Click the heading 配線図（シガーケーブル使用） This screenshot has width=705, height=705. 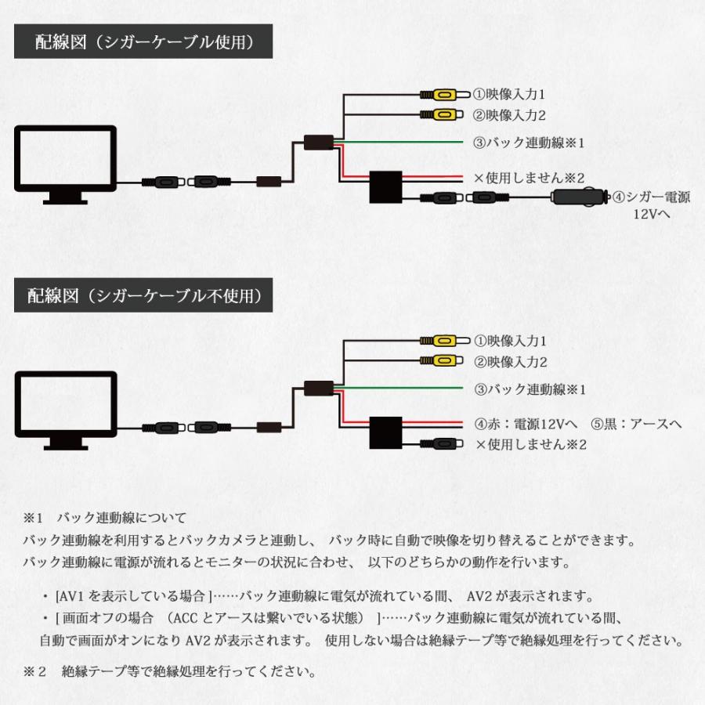click(143, 42)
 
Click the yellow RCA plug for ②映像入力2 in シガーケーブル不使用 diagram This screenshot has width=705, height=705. click(440, 361)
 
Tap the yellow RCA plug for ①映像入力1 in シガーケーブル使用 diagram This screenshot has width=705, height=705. click(440, 95)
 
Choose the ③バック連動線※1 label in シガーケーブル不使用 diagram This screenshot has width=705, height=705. click(530, 389)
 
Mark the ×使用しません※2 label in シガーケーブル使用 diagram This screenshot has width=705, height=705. click(530, 178)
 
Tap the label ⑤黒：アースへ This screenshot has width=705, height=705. click(636, 424)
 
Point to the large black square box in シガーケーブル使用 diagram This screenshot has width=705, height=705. click(385, 188)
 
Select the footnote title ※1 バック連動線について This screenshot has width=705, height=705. click(105, 518)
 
